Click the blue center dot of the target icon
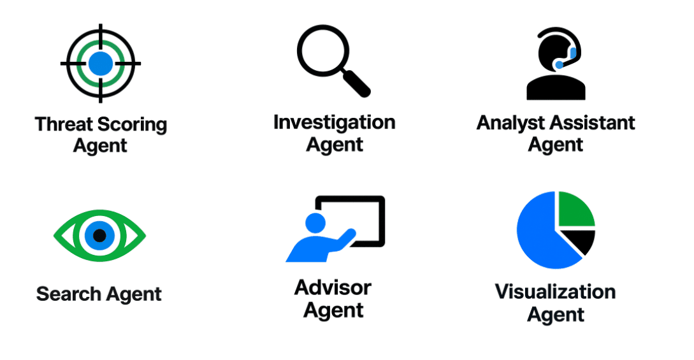tap(101, 64)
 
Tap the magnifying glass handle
tap(356, 83)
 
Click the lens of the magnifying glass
tap(323, 50)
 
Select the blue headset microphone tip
tap(560, 65)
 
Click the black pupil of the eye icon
tap(99, 235)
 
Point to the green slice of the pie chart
tap(576, 209)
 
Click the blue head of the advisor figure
tap(315, 223)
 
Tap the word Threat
tap(64, 124)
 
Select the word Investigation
tap(334, 122)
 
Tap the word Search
tap(69, 294)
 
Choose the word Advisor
tap(333, 288)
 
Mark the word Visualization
tap(555, 292)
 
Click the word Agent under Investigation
tap(335, 145)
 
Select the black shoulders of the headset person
tap(556, 87)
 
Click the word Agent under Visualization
tap(556, 315)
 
